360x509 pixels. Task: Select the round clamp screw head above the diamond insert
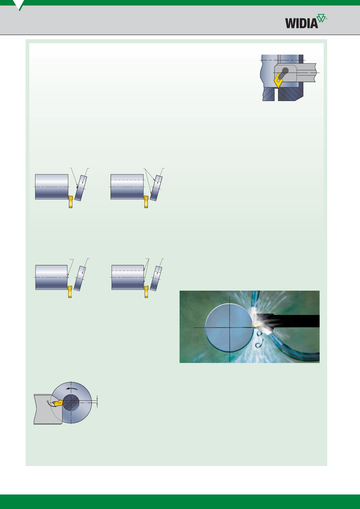click(x=286, y=70)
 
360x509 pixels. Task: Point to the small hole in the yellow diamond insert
click(x=278, y=80)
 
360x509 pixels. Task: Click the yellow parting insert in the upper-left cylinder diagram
click(x=70, y=202)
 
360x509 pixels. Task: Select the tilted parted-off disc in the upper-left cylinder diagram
click(x=81, y=188)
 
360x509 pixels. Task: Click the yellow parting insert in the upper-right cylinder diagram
click(x=146, y=202)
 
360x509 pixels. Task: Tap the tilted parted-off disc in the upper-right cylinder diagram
click(x=156, y=188)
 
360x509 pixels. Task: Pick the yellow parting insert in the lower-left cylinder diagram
click(x=70, y=292)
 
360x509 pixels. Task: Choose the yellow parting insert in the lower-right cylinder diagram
click(x=146, y=292)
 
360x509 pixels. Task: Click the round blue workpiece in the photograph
click(x=229, y=328)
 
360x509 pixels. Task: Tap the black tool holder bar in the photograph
click(x=293, y=321)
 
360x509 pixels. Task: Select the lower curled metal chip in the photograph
click(x=258, y=345)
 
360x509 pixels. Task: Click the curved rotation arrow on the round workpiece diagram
click(x=71, y=389)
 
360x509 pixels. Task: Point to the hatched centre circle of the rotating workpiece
click(x=71, y=402)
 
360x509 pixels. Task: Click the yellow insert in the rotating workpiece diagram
click(x=58, y=403)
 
